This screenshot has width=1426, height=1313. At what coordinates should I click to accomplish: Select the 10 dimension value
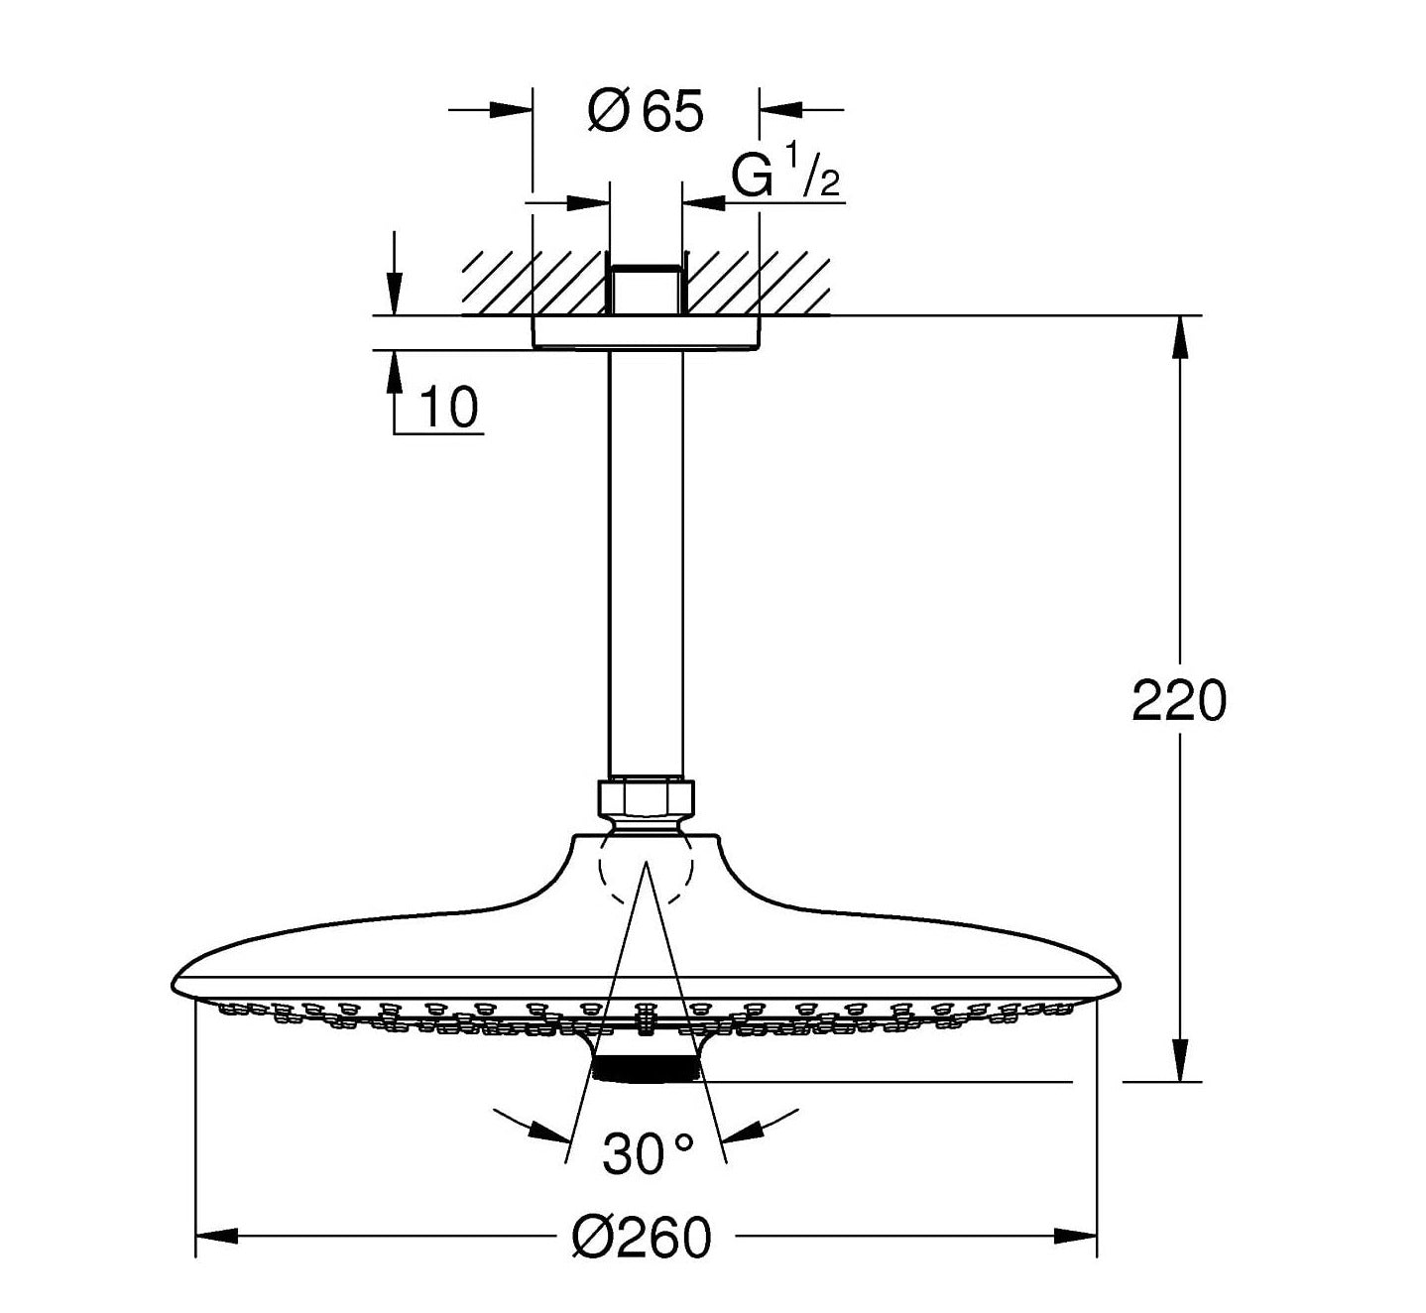448,407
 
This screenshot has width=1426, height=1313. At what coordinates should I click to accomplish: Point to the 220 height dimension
1179,701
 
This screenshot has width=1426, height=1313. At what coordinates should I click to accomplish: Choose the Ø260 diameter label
643,1237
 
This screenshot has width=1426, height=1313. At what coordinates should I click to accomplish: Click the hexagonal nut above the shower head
646,797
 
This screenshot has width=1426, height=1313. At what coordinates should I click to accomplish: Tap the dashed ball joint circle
646,869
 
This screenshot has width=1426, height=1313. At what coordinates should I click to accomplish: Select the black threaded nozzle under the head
646,1068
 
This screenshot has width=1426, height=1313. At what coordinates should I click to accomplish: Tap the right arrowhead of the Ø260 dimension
1075,1236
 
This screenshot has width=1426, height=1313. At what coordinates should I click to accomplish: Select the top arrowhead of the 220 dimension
1179,337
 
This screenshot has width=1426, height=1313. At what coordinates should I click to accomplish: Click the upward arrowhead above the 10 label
395,371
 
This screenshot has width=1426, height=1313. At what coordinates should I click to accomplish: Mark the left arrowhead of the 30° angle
550,1132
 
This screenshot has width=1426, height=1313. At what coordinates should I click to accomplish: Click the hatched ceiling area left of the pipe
535,283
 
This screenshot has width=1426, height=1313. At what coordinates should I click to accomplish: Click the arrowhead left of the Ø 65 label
512,109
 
